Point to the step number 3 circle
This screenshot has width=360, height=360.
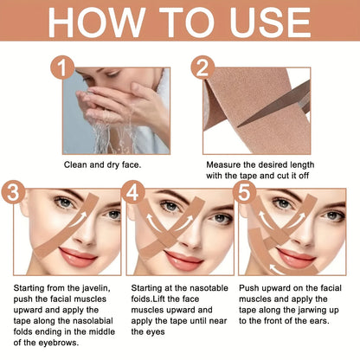pos(11,192)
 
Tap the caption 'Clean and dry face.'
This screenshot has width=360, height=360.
pos(103,163)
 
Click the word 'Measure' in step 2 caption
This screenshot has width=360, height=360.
pos(224,163)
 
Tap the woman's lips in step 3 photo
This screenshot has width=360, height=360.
pos(51,256)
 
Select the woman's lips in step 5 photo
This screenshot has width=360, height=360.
pos(297,257)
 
